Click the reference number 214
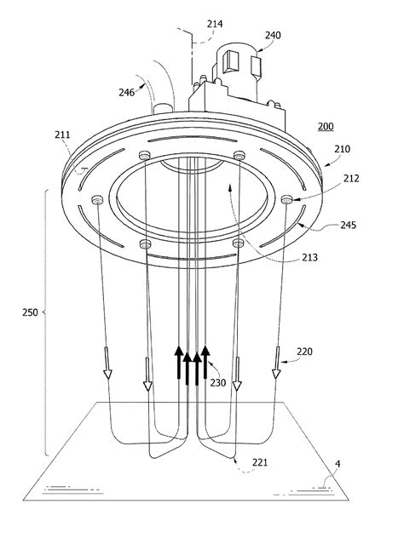click(215, 24)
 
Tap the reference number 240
click(273, 36)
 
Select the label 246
click(127, 92)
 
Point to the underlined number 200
click(326, 127)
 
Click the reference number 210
click(342, 149)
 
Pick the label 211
click(62, 134)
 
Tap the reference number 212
click(351, 179)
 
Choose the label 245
click(349, 225)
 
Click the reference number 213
click(309, 257)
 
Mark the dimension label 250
click(30, 312)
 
